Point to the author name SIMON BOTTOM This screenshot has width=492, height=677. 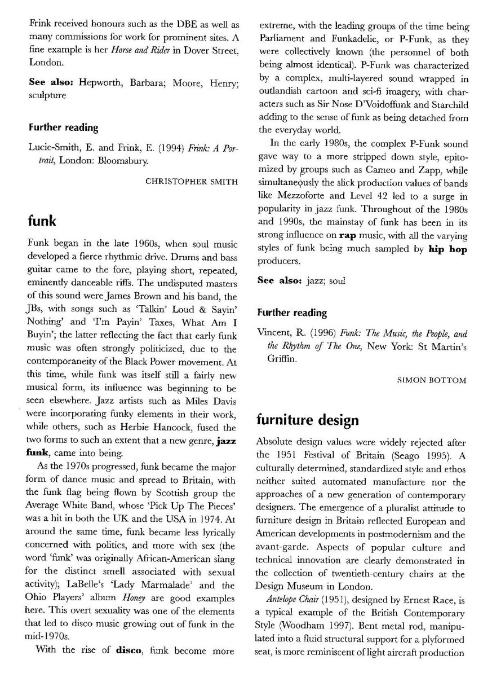click(432, 380)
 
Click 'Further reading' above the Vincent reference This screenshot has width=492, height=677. click(292, 312)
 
